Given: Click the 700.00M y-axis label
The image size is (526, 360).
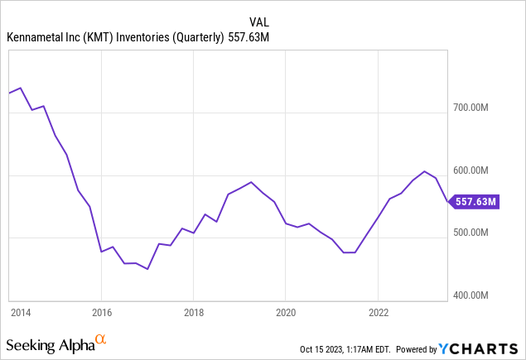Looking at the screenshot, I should [479, 108].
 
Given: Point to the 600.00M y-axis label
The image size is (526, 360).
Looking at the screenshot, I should [479, 170].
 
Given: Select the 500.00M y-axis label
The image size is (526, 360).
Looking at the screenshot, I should [479, 233].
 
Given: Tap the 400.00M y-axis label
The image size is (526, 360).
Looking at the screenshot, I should [479, 295].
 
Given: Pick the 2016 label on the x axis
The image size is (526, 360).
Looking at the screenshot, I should [100, 312].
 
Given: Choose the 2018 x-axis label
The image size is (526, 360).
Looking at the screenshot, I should [193, 312].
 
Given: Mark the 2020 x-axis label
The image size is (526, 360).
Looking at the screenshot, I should [285, 312].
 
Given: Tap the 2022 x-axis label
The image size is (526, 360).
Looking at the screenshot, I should [378, 312].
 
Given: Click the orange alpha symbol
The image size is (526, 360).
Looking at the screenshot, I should [101, 339].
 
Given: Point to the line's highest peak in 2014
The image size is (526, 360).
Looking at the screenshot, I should [20, 88].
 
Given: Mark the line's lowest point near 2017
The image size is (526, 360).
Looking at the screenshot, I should [147, 269].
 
